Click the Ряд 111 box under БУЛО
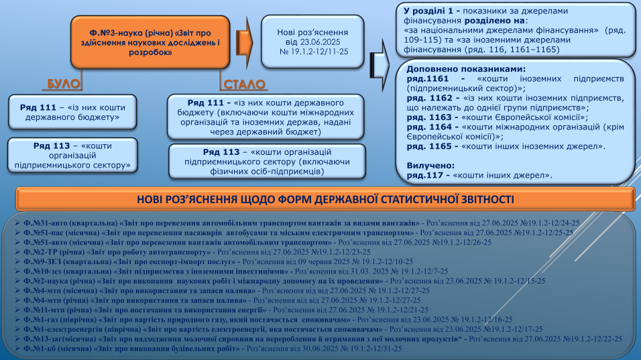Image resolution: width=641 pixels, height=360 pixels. click(73, 111)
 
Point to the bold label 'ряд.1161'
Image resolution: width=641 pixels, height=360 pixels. click(424, 78)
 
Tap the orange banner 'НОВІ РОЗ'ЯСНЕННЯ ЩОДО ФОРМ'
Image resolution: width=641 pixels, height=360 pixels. click(325, 200)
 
